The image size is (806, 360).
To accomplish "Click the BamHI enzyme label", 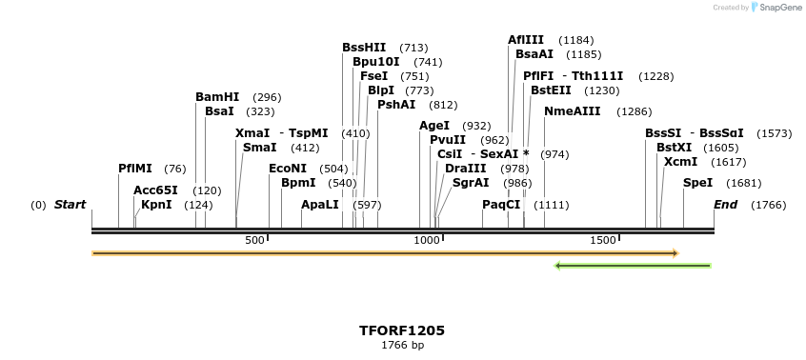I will click(x=217, y=97).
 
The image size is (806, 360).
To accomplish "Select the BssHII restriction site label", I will click(x=364, y=48).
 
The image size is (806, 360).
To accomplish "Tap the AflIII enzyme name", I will click(x=526, y=40).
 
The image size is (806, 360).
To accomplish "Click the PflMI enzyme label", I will click(x=135, y=169).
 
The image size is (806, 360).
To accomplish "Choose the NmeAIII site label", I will click(x=573, y=111).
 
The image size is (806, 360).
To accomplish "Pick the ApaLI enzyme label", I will click(x=319, y=205).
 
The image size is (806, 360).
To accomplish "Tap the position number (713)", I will click(x=413, y=48).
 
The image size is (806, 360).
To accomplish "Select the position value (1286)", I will click(x=635, y=111).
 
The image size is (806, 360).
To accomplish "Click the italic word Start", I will click(x=70, y=205).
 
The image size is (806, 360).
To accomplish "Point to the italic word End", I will click(x=725, y=205).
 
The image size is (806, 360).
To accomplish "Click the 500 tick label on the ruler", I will click(x=254, y=241).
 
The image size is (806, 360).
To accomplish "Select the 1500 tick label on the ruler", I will click(x=603, y=241).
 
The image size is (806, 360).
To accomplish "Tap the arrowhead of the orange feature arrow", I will click(x=675, y=253).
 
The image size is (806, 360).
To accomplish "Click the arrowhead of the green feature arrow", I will click(x=559, y=266).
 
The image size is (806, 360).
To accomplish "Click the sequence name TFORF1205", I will click(x=402, y=330).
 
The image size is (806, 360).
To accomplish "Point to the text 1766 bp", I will click(x=402, y=345).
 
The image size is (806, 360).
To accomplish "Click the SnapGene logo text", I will click(x=779, y=8).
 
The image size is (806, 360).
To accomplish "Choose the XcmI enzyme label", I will click(x=680, y=162).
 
